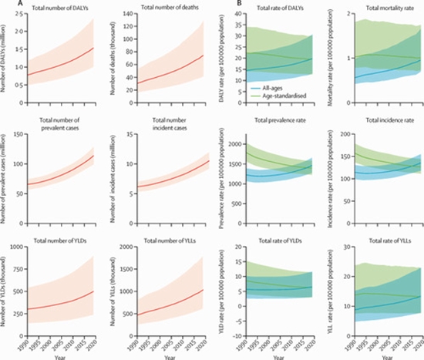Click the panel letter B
[x=220, y=5]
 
